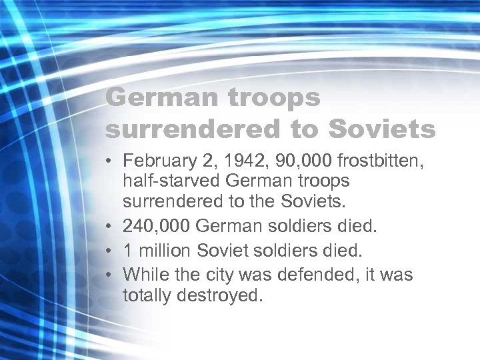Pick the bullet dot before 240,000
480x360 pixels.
click(109, 229)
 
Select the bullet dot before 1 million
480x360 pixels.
click(109, 251)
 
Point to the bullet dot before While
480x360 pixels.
click(109, 274)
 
